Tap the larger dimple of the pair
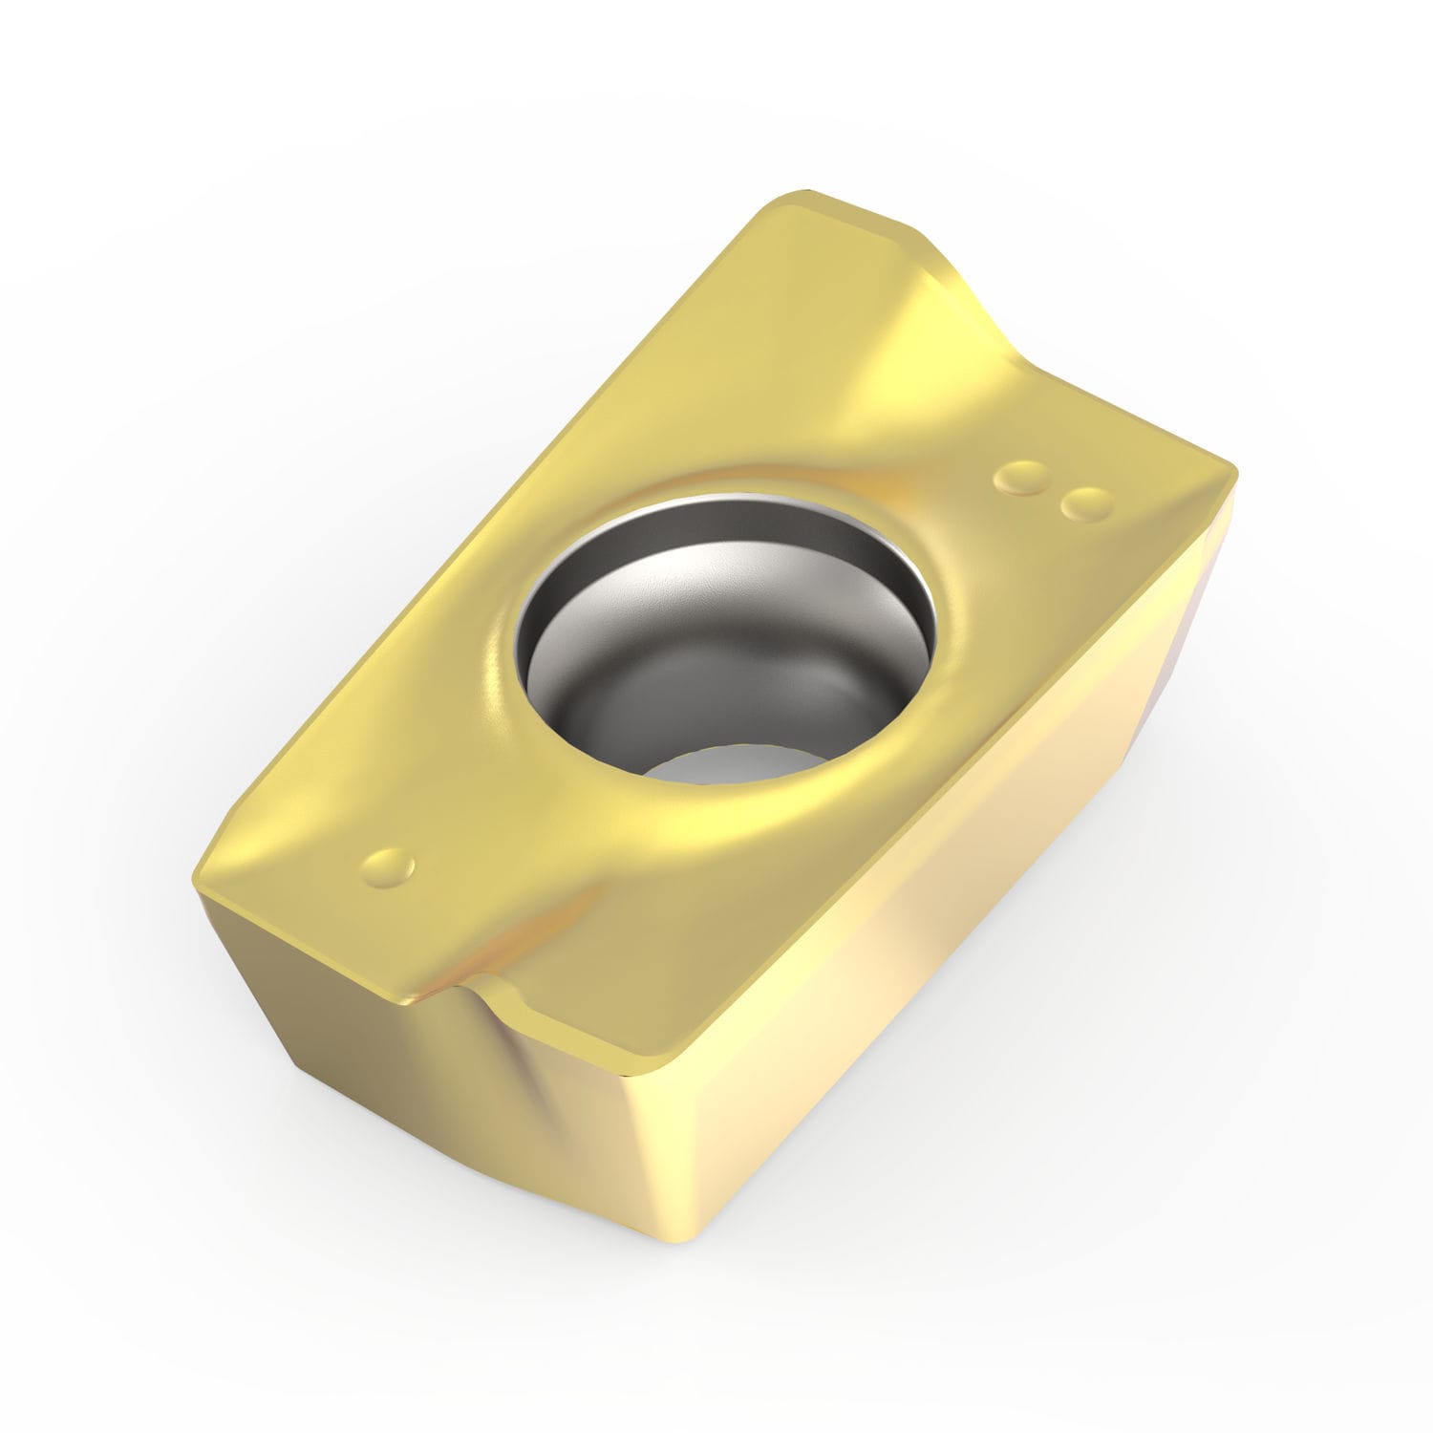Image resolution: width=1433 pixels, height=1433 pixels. pyautogui.click(x=1020, y=480)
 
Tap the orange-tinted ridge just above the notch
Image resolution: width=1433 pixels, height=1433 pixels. pyautogui.click(x=449, y=955)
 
